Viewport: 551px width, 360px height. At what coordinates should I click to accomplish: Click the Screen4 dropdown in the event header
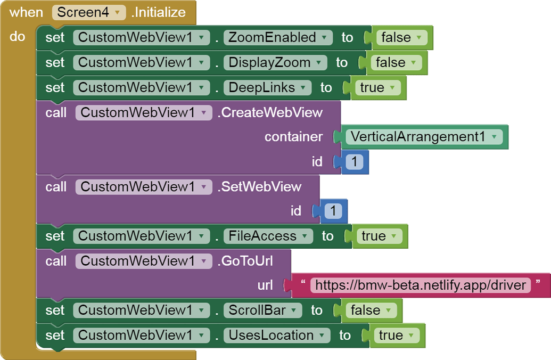89,12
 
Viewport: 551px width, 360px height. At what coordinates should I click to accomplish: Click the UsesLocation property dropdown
277,335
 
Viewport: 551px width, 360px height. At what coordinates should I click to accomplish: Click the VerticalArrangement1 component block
423,137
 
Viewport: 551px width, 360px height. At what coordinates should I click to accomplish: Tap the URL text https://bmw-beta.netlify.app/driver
421,285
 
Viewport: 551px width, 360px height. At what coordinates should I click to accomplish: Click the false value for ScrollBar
371,310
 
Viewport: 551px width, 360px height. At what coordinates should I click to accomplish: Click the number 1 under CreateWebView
353,161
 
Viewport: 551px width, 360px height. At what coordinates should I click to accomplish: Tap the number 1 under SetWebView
333,211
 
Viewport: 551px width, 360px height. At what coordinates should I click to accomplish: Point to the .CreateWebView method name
270,112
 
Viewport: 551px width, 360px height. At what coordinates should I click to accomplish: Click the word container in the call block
293,137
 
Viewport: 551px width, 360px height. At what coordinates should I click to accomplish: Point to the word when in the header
26,12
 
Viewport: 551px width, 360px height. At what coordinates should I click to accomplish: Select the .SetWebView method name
259,187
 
